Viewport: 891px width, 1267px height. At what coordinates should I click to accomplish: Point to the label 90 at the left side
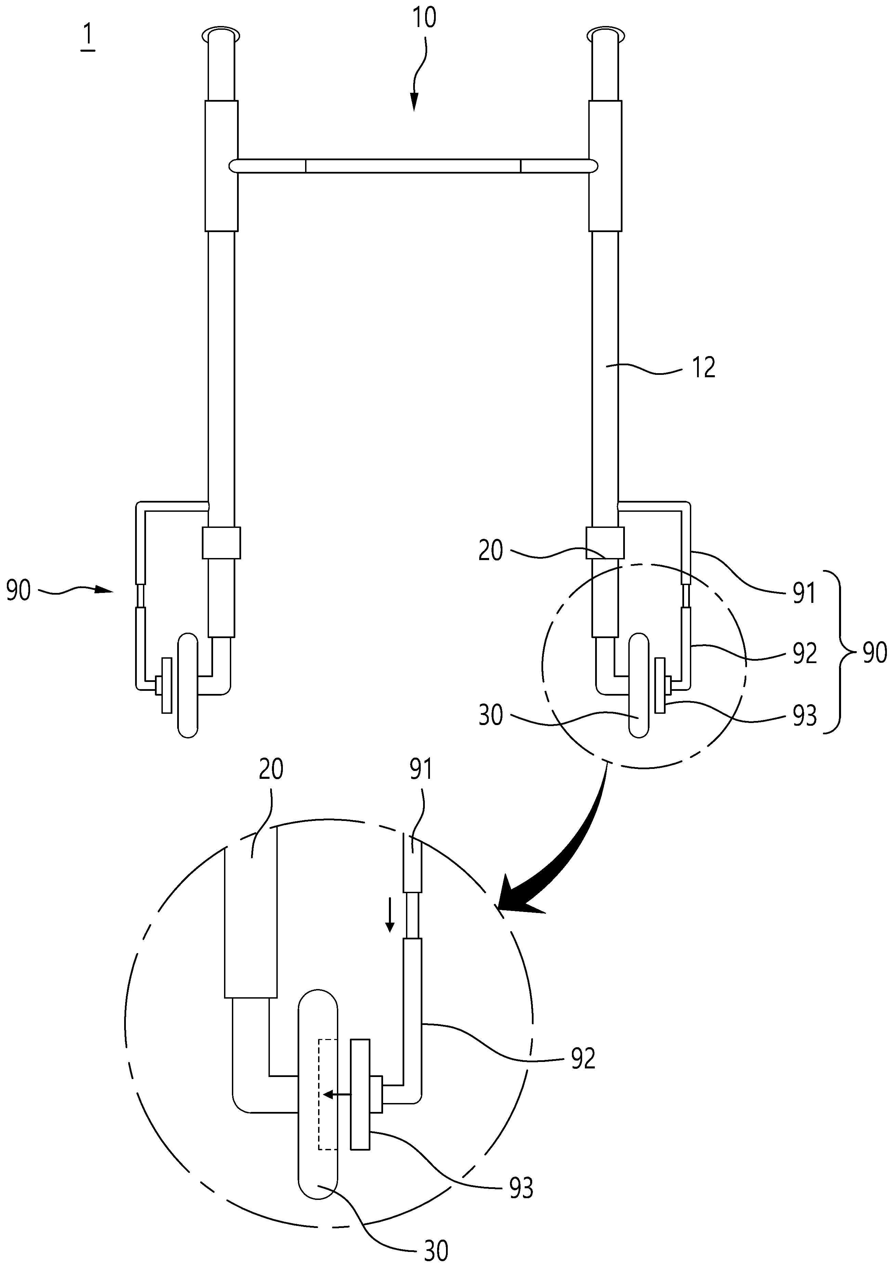pos(18,591)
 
